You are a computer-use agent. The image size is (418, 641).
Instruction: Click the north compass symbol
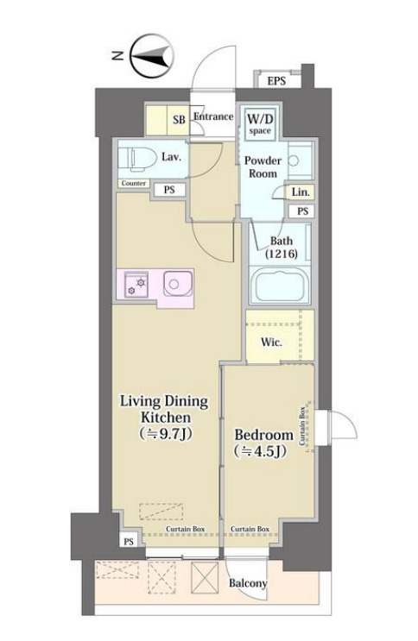click(x=152, y=55)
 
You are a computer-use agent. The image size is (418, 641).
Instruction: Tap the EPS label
click(x=276, y=80)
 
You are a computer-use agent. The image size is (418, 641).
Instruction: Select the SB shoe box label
click(x=179, y=120)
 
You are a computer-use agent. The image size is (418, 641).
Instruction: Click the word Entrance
click(x=213, y=116)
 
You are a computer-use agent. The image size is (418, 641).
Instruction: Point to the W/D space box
click(x=260, y=123)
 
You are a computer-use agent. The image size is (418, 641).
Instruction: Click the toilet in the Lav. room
click(x=137, y=158)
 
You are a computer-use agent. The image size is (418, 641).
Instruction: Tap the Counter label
click(x=134, y=184)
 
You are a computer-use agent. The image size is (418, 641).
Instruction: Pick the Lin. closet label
click(x=301, y=192)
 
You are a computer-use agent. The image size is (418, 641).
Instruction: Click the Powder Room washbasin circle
click(x=293, y=160)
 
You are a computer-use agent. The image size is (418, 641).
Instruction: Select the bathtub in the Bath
click(x=281, y=285)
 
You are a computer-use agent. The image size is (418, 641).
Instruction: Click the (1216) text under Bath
click(x=282, y=254)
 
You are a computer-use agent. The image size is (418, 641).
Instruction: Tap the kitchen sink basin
click(x=178, y=283)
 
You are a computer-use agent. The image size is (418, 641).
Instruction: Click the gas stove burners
click(x=136, y=284)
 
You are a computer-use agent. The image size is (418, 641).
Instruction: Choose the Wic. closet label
click(x=271, y=342)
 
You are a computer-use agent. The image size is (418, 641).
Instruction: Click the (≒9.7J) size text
click(x=165, y=434)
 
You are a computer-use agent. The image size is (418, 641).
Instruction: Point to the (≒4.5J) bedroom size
click(x=260, y=451)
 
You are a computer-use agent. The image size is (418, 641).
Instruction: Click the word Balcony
click(x=248, y=583)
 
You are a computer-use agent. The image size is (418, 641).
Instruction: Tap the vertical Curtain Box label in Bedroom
click(x=302, y=425)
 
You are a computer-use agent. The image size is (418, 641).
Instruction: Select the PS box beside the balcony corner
click(x=129, y=542)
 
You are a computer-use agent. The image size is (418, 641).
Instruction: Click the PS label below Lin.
click(x=302, y=211)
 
